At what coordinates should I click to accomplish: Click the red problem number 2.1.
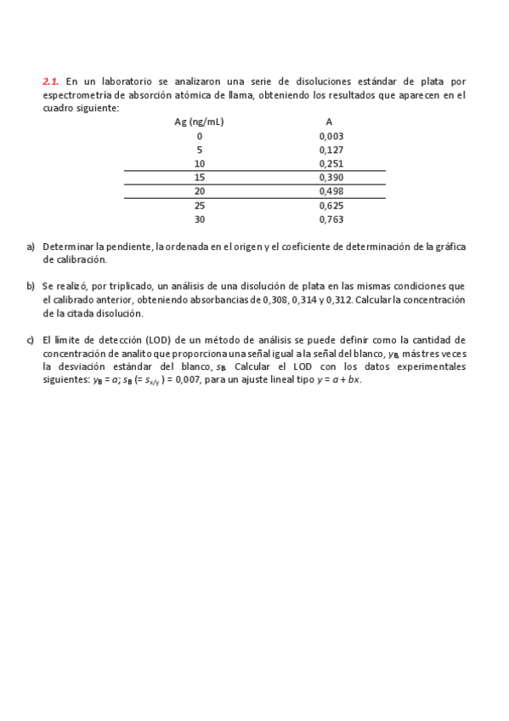coord(50,82)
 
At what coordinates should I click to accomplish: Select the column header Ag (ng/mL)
coord(199,122)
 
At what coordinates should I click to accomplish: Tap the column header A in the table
coord(329,122)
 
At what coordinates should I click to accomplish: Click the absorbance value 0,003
coord(331,136)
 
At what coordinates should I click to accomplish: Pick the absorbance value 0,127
coord(331,150)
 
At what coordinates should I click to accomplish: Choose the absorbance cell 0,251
coord(331,163)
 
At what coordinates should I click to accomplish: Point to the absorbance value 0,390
coord(331,178)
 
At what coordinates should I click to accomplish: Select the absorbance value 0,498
coord(331,191)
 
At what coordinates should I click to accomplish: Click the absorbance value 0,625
coord(331,206)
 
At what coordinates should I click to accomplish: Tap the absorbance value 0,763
coord(331,219)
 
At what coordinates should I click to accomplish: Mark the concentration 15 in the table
coord(200,178)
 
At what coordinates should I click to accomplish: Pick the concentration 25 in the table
coord(200,206)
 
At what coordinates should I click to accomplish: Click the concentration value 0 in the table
coord(200,136)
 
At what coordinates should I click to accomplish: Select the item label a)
coord(31,247)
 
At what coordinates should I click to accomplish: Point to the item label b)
coord(31,286)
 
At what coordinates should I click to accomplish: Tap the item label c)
coord(31,339)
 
